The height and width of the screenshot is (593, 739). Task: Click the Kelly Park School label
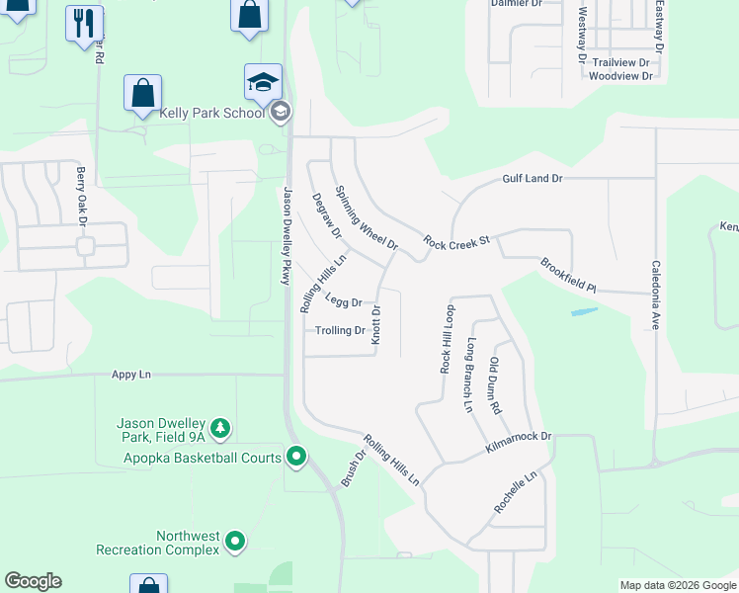pyautogui.click(x=212, y=113)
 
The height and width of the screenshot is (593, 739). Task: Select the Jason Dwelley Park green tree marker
pyautogui.click(x=222, y=428)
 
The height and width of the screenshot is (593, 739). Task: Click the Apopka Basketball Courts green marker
pyautogui.click(x=295, y=457)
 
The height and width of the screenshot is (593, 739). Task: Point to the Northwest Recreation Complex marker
pyautogui.click(x=235, y=541)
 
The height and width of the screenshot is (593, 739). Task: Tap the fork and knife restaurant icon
pyautogui.click(x=84, y=22)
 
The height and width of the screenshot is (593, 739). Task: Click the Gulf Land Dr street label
pyautogui.click(x=532, y=178)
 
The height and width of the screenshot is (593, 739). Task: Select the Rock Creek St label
pyautogui.click(x=457, y=240)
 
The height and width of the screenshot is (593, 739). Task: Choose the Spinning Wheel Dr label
pyautogui.click(x=366, y=217)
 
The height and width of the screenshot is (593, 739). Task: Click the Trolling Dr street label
pyautogui.click(x=341, y=330)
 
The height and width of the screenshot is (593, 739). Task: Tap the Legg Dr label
pyautogui.click(x=344, y=302)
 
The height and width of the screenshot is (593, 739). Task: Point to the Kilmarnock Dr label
pyautogui.click(x=518, y=442)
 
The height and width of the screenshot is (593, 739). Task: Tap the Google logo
pyautogui.click(x=33, y=581)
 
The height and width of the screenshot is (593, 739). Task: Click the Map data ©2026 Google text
pyautogui.click(x=677, y=585)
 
